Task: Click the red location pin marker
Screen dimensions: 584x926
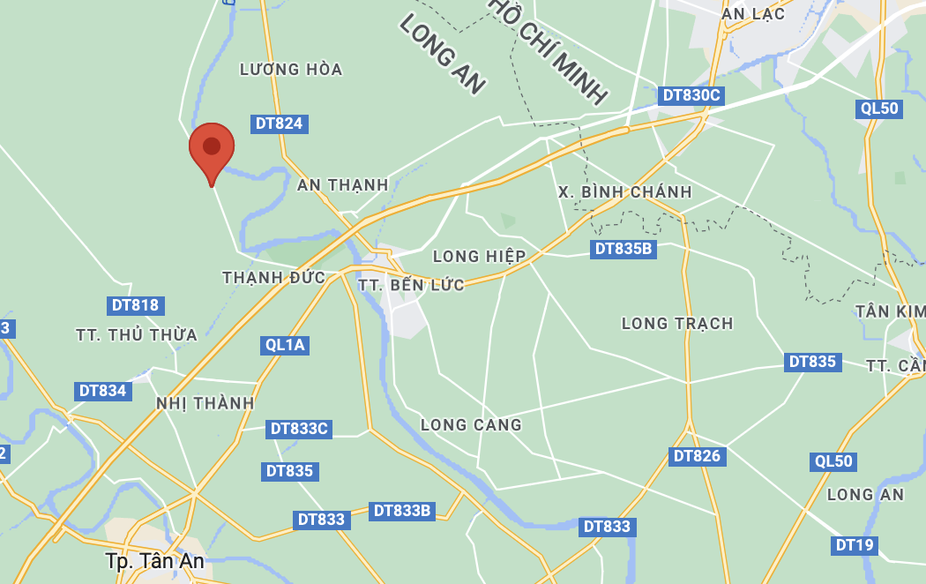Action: click(x=212, y=148)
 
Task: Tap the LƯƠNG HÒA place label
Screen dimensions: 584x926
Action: click(x=291, y=70)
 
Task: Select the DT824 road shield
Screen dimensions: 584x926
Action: click(x=279, y=124)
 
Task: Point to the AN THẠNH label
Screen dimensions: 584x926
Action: click(x=343, y=185)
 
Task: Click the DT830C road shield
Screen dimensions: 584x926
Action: click(x=691, y=95)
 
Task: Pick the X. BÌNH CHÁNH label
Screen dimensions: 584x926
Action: click(x=625, y=192)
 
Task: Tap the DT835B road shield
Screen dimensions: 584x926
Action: click(x=624, y=249)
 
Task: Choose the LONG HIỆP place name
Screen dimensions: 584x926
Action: click(x=480, y=257)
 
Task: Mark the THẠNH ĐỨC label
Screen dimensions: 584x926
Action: click(x=274, y=278)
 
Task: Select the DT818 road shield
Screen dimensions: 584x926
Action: click(x=136, y=306)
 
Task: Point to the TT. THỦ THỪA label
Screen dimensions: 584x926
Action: click(x=137, y=335)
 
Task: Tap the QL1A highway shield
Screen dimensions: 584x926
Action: click(x=285, y=345)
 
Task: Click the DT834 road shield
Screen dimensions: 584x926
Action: click(x=103, y=391)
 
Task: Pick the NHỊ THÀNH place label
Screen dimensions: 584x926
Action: click(x=205, y=403)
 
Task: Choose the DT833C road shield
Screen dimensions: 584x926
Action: click(x=300, y=429)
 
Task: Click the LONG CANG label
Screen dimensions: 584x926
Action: click(x=471, y=425)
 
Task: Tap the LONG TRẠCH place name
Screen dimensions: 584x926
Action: click(x=677, y=324)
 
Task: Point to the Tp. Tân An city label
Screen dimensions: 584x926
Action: click(x=154, y=561)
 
